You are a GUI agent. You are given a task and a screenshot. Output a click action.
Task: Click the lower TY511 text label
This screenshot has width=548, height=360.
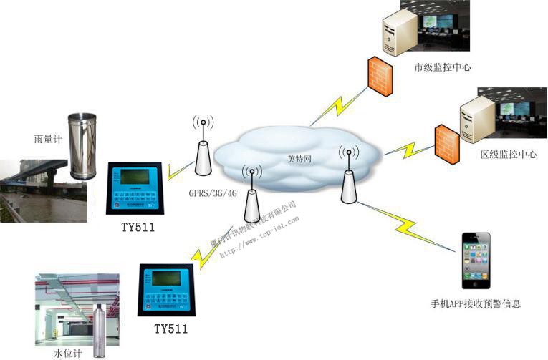click(x=170, y=329)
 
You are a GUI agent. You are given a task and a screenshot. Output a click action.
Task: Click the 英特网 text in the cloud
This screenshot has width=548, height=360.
click(x=299, y=159)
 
